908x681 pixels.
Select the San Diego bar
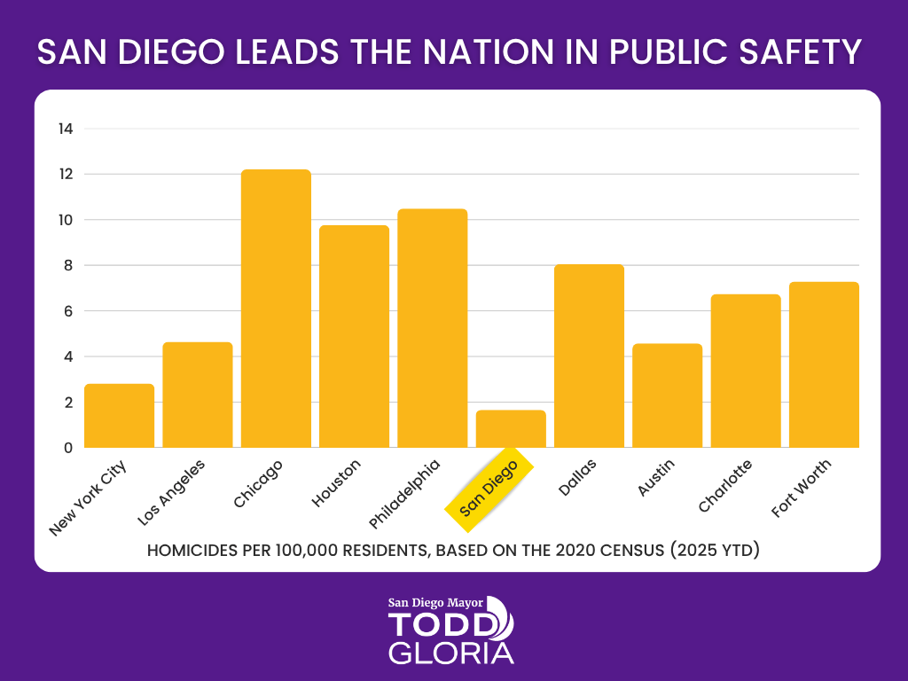pos(511,429)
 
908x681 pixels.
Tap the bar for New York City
pos(119,416)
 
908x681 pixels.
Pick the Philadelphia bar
pos(433,328)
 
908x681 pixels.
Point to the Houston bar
pos(354,337)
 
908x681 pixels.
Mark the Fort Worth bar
pos(824,364)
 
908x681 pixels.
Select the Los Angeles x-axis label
pos(173,490)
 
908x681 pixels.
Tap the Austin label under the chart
pos(657,477)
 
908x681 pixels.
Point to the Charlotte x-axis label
pos(725,485)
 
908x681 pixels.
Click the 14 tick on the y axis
pos(65,129)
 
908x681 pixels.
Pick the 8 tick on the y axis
pos(66,265)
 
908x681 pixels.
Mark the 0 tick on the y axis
pos(66,448)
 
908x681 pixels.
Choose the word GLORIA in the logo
pos(451,653)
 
